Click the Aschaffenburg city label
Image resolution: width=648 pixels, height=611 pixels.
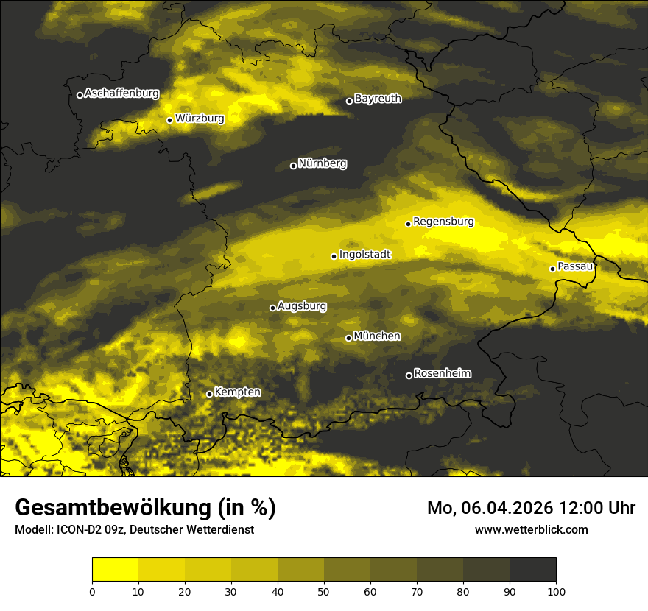coord(121,93)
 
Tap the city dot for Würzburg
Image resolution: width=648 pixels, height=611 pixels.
coord(169,120)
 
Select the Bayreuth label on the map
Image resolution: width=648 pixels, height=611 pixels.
coord(378,99)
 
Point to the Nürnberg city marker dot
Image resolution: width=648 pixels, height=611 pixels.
coord(293,166)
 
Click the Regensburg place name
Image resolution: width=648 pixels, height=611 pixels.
coord(443,222)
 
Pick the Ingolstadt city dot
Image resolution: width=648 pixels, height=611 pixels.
coord(334,256)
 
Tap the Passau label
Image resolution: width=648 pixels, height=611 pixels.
coord(575,266)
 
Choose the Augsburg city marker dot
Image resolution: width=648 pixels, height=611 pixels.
coord(272,308)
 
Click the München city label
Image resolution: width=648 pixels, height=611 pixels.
coord(377,336)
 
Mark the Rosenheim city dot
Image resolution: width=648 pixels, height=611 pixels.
coord(409,376)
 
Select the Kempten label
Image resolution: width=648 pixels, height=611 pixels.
coord(237,392)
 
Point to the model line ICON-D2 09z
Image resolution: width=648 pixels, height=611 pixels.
coord(96,530)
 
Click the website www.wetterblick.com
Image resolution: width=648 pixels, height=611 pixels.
coord(531,530)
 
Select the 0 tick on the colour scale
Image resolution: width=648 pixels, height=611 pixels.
coord(92,591)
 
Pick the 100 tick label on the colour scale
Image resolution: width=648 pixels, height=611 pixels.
coord(556,591)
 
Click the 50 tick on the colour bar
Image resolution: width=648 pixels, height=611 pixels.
coord(324,591)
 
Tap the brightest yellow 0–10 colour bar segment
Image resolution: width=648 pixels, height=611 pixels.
coord(115,569)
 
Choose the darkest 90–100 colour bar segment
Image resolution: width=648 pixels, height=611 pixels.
coord(532,569)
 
